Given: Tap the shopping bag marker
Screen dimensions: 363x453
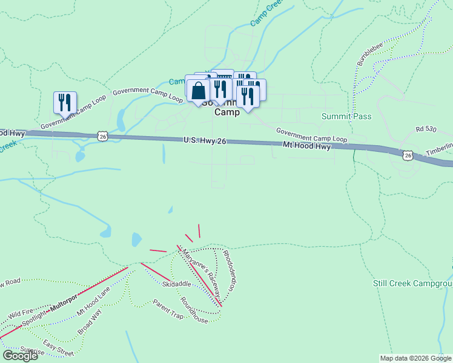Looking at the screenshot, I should point(198,91).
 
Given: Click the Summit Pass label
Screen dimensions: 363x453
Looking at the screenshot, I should point(346,116).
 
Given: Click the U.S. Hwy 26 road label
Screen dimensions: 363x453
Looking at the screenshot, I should point(205,140).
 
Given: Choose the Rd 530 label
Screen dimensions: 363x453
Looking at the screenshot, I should point(426,129).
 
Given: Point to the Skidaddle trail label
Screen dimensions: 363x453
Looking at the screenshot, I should point(176,284).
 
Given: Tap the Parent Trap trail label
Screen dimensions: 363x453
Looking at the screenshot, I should point(168,309).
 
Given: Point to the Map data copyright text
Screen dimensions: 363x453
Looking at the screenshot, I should point(415,358).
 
